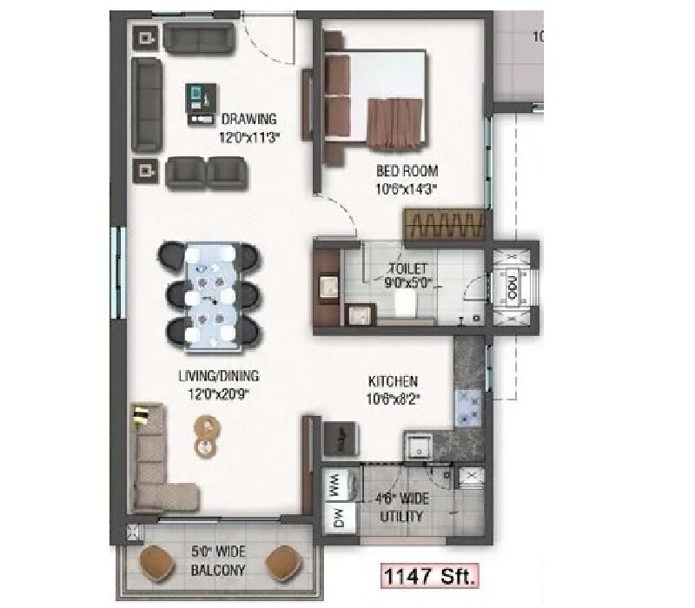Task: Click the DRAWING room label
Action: click(248, 119)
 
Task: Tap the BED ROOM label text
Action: click(407, 170)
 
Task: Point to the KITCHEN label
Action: click(394, 381)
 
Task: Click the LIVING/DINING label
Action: click(219, 377)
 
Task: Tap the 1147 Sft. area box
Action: click(427, 575)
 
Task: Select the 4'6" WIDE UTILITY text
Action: click(400, 508)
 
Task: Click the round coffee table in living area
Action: click(207, 435)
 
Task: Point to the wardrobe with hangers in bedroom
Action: click(443, 225)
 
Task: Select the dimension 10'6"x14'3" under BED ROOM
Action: click(407, 186)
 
